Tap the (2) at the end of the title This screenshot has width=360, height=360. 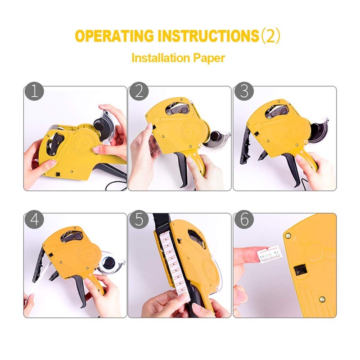pyautogui.click(x=271, y=36)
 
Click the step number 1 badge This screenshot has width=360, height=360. pyautogui.click(x=34, y=92)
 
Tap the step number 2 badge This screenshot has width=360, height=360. pyautogui.click(x=139, y=92)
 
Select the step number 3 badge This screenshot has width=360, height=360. pyautogui.click(x=243, y=92)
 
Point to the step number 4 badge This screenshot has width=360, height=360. pyautogui.click(x=34, y=220)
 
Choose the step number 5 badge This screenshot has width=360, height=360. pyautogui.click(x=139, y=220)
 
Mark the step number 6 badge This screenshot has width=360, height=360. pyautogui.click(x=243, y=220)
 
